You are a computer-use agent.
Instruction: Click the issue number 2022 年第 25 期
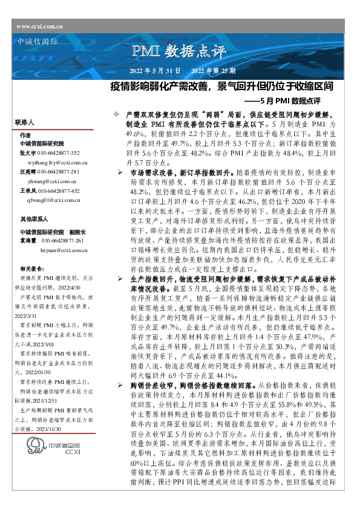[209, 71]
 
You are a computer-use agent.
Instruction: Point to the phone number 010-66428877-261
[66, 240]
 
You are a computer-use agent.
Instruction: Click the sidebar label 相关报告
[30, 267]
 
